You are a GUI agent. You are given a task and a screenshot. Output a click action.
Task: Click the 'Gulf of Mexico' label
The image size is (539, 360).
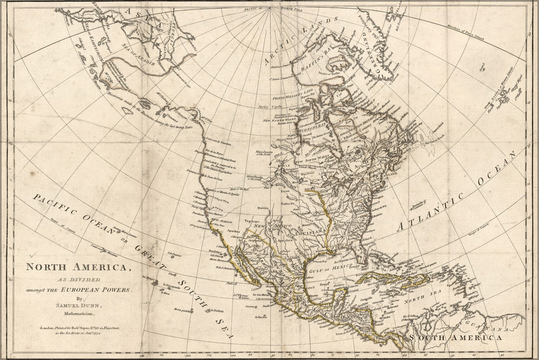tap(329, 267)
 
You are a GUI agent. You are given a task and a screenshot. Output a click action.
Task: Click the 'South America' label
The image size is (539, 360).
tap(456, 337)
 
